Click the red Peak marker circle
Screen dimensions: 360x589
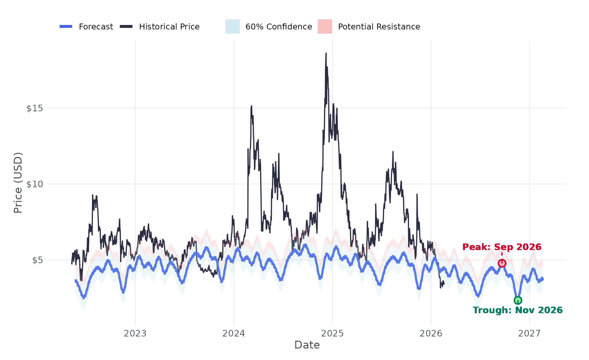(502, 263)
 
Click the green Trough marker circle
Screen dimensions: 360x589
(518, 300)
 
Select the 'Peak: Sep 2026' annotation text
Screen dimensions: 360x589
(502, 247)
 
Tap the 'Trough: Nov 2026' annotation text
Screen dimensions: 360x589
(518, 310)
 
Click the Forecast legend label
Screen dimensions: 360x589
(96, 27)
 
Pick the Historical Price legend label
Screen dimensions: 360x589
(169, 27)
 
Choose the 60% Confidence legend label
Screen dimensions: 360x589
(278, 27)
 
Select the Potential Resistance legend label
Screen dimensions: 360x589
(379, 27)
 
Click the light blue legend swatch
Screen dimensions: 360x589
(233, 27)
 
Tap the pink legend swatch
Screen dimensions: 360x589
(325, 27)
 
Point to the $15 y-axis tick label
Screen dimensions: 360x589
(35, 108)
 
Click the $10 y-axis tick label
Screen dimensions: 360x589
(35, 184)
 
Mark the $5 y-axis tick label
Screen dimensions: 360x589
(37, 261)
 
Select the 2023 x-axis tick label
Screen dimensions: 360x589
(135, 333)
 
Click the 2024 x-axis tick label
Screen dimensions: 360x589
(234, 333)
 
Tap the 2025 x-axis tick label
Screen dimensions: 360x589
(332, 333)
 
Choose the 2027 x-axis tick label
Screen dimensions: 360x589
(529, 333)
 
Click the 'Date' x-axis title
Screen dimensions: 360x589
(307, 345)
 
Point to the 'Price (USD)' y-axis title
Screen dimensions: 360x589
(18, 183)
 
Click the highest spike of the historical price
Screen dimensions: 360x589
(326, 54)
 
